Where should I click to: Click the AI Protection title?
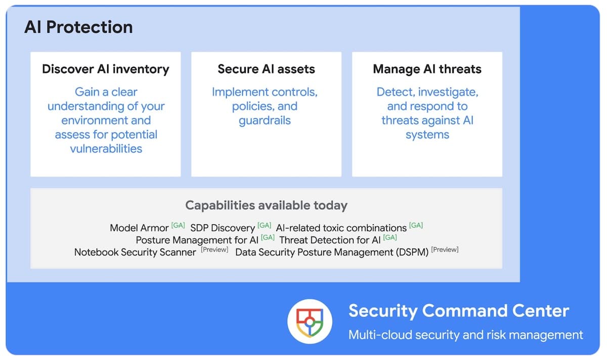click(78, 27)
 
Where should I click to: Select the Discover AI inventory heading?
click(106, 69)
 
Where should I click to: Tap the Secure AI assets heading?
click(267, 69)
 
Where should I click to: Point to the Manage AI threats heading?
click(427, 69)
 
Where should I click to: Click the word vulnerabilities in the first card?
click(106, 149)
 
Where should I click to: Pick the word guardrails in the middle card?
click(265, 120)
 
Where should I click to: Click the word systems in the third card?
click(427, 134)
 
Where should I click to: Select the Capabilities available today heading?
click(267, 205)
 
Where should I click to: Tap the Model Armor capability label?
click(139, 228)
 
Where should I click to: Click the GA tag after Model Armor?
click(178, 226)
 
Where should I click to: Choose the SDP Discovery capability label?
click(223, 228)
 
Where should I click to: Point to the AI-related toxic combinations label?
click(341, 228)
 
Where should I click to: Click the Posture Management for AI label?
click(197, 240)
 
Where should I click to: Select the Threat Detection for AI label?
click(330, 240)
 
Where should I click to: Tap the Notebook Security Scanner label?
click(135, 252)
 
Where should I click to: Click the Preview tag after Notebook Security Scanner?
click(214, 249)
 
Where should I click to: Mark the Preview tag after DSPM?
click(445, 249)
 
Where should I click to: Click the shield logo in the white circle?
click(310, 322)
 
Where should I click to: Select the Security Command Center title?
click(459, 311)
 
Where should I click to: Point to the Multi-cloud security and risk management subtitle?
click(465, 335)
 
